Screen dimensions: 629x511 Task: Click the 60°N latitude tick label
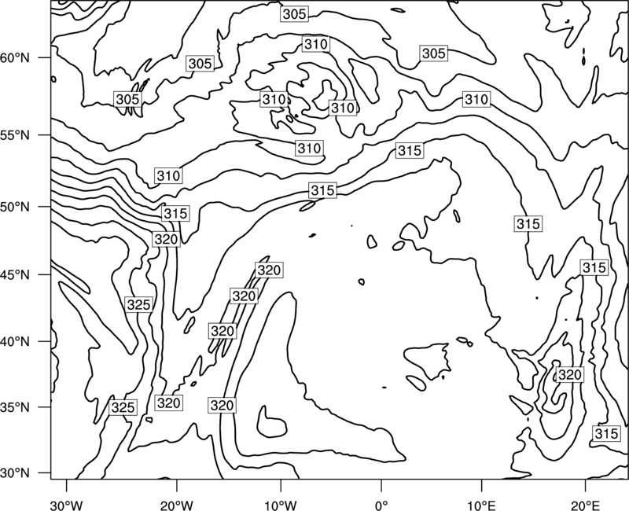point(15,58)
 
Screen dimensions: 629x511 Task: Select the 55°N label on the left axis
point(15,135)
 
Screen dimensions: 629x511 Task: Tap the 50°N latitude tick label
point(15,207)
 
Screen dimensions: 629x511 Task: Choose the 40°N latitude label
point(15,342)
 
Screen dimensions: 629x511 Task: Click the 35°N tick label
point(15,407)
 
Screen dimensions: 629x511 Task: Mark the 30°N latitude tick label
point(15,473)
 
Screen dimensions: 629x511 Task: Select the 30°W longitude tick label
point(66,505)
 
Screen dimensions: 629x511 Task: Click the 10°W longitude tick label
point(280,505)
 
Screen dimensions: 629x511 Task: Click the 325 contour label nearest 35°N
point(123,407)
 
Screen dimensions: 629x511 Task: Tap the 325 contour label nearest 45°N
point(138,305)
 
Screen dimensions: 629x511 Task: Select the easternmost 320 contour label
point(569,375)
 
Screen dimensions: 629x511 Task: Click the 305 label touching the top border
point(294,14)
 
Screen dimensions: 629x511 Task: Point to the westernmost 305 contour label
point(127,99)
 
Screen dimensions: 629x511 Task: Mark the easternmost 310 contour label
point(476,99)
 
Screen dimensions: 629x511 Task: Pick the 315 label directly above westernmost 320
point(175,213)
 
